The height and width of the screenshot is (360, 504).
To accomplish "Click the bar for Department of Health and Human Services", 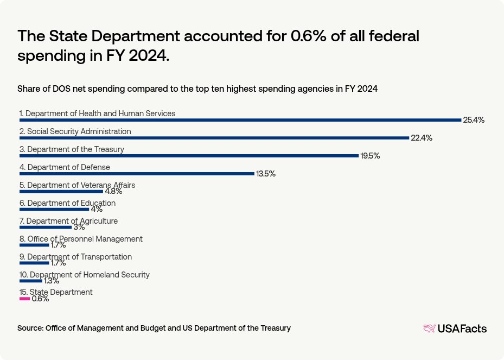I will [x=240, y=120].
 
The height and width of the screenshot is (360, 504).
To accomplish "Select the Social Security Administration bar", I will [x=214, y=138].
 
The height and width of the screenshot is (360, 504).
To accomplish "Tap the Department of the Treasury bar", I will [x=189, y=156].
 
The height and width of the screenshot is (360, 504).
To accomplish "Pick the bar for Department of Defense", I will [x=137, y=174].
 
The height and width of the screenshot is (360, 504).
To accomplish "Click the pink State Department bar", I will [x=24, y=299].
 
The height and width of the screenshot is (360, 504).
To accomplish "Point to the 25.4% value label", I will [x=473, y=120].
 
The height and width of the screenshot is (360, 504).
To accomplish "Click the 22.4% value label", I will [x=421, y=138].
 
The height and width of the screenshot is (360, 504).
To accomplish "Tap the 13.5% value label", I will [x=265, y=174].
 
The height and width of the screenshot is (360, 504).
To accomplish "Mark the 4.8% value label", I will [x=113, y=192].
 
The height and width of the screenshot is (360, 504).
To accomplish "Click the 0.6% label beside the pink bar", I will [x=40, y=299].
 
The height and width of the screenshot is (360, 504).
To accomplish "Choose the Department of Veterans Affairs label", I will [x=77, y=185].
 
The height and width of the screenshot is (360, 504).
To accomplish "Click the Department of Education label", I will [x=67, y=203].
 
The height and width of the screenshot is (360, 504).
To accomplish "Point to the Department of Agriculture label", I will [x=68, y=221].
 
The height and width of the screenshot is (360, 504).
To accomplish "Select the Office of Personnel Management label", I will [x=81, y=239].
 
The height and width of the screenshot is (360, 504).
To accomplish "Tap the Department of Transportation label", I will [x=75, y=257].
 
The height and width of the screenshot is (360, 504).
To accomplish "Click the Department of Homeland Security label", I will [x=84, y=275].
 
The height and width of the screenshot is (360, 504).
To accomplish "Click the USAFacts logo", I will [x=455, y=329].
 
